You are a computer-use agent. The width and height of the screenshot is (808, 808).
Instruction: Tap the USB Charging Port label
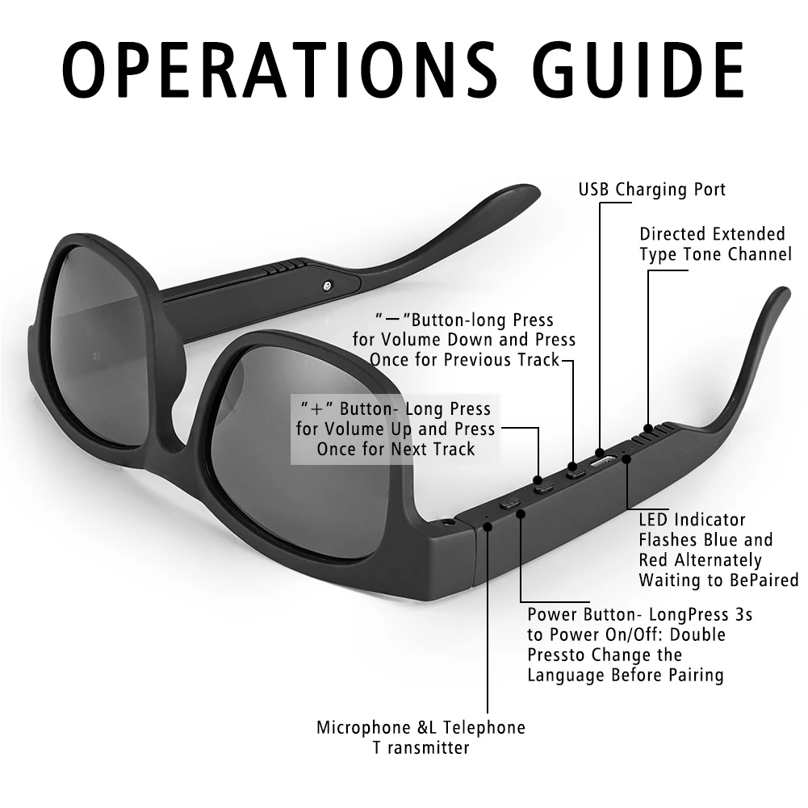tap(652, 190)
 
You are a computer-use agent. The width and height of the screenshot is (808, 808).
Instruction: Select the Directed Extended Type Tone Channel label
tap(715, 244)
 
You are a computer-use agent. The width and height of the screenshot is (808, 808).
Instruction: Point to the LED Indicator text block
tap(718, 549)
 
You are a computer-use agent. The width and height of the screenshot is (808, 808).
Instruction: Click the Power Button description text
tap(639, 644)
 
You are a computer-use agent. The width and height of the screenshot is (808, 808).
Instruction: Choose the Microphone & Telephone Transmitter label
tap(421, 737)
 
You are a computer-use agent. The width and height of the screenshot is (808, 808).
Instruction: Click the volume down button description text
tap(464, 340)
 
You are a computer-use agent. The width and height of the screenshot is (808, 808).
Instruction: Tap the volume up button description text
tap(396, 429)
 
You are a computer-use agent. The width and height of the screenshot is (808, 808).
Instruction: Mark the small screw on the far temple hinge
tap(326, 284)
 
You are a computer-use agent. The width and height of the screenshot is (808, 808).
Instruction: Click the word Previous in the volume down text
tap(450, 360)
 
